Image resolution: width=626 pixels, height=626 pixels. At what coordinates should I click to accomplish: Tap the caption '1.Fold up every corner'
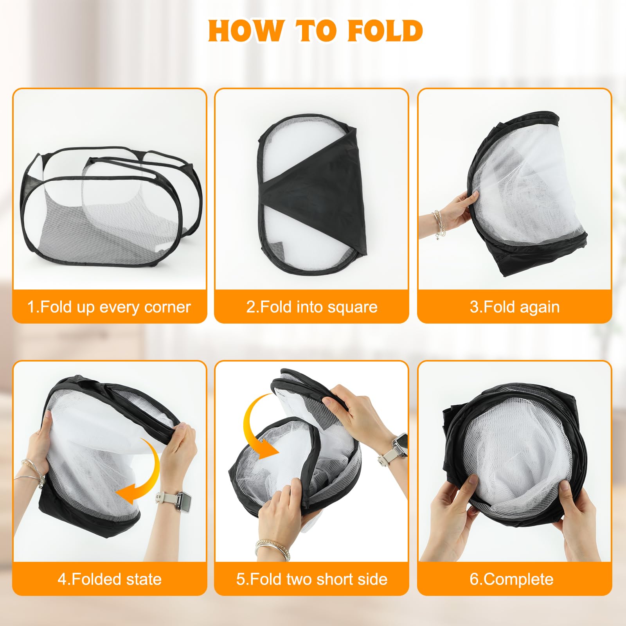pos(109,307)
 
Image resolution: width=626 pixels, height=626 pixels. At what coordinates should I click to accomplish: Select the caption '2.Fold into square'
pos(312,307)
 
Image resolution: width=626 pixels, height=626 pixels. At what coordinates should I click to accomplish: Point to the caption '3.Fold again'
pos(514,307)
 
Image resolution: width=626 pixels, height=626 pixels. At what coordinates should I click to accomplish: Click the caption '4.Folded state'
pos(110,579)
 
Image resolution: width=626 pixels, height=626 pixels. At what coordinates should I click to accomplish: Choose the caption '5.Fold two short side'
pos(312,579)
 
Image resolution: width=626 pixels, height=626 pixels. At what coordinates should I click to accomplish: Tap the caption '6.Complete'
pos(512,579)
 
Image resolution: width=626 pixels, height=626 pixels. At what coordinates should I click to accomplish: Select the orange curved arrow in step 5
pos(250,430)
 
